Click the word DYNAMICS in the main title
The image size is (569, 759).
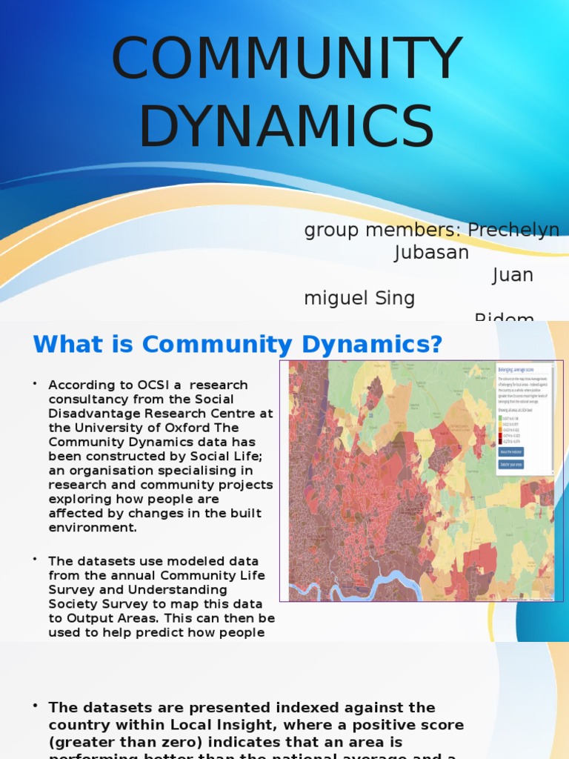tap(285, 127)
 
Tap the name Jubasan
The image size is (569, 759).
tap(431, 253)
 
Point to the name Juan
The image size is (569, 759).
tap(513, 275)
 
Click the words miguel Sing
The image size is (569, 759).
tap(359, 298)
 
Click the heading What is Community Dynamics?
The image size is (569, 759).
tap(237, 345)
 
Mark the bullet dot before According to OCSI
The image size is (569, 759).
tap(35, 384)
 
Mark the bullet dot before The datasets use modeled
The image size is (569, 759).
tap(35, 560)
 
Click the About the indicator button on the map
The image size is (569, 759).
tap(511, 451)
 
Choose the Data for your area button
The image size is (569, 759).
tap(510, 465)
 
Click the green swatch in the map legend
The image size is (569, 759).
tap(501, 417)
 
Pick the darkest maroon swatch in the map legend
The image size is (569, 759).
tap(501, 440)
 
